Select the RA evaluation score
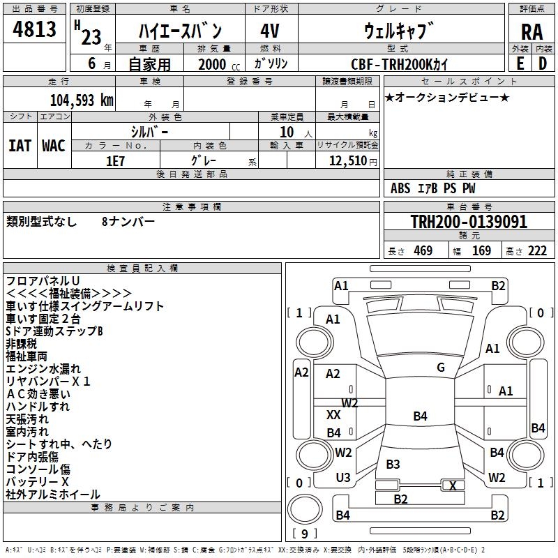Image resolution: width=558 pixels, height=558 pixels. pyautogui.click(x=531, y=31)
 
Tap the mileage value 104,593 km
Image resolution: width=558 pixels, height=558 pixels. pyautogui.click(x=82, y=100)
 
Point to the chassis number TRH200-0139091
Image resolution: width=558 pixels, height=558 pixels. pyautogui.click(x=469, y=223)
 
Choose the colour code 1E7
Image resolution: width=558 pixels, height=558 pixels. pyautogui.click(x=115, y=161)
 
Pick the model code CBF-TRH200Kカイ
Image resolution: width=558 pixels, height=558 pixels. pyautogui.click(x=400, y=63)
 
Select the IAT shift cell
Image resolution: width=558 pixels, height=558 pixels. pyautogui.click(x=20, y=146)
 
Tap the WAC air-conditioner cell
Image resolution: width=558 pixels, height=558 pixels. pyautogui.click(x=54, y=146)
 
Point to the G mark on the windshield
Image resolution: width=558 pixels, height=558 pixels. pyautogui.click(x=440, y=368)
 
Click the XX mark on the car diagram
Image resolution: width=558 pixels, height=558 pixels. pyautogui.click(x=333, y=415)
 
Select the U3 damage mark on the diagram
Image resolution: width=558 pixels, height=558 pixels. pyautogui.click(x=343, y=477)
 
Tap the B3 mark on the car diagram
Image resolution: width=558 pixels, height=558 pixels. pyautogui.click(x=393, y=464)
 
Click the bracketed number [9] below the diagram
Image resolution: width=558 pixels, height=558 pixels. pyautogui.click(x=303, y=534)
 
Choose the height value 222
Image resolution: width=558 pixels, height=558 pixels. pyautogui.click(x=537, y=251)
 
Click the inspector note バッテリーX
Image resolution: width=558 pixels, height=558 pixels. pyautogui.click(x=38, y=482)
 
